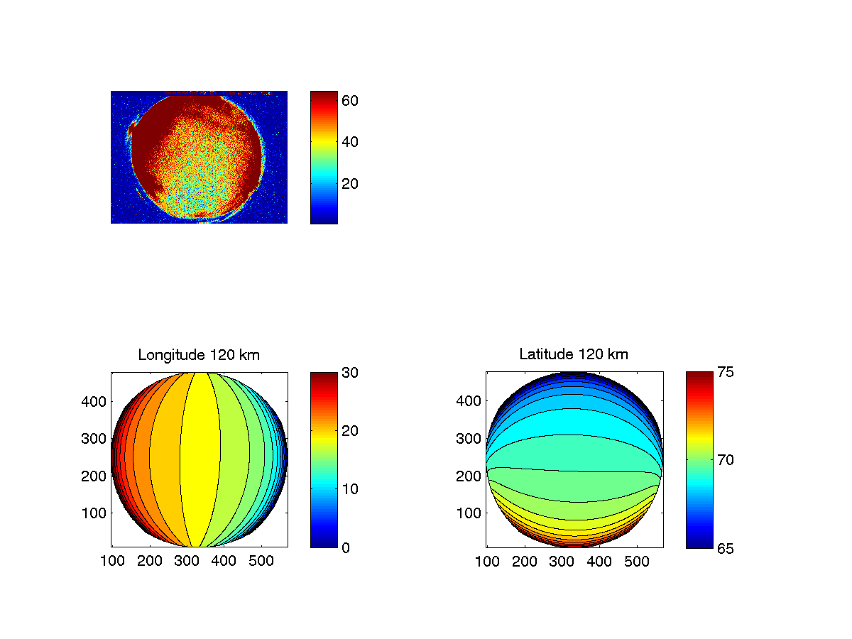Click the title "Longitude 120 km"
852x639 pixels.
pyautogui.click(x=199, y=354)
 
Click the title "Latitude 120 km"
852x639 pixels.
pyautogui.click(x=574, y=354)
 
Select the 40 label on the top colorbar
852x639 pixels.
pyautogui.click(x=349, y=142)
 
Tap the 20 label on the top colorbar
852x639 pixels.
pyautogui.click(x=349, y=183)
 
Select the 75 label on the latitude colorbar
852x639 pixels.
pyautogui.click(x=724, y=372)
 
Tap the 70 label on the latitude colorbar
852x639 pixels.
pyautogui.click(x=724, y=460)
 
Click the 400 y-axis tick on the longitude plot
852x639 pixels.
pyautogui.click(x=97, y=401)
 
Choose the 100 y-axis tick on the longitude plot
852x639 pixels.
pyautogui.click(x=97, y=513)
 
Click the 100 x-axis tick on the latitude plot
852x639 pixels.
pyautogui.click(x=487, y=562)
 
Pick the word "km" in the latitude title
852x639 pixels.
pyautogui.click(x=618, y=354)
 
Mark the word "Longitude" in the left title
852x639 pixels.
pyautogui.click(x=168, y=354)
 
